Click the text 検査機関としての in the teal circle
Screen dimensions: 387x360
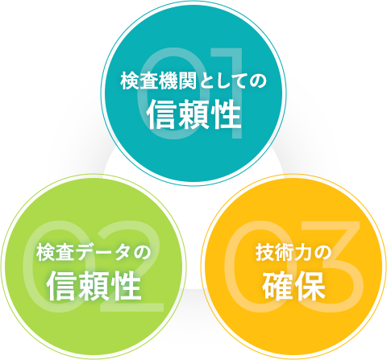click(x=193, y=81)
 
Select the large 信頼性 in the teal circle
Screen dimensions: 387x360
click(x=194, y=114)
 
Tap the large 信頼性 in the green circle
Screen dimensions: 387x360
click(x=94, y=286)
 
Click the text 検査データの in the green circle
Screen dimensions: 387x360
click(x=94, y=253)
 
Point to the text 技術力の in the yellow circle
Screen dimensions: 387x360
click(x=293, y=253)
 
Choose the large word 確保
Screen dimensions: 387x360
click(x=293, y=286)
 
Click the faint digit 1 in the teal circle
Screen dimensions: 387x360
click(x=231, y=93)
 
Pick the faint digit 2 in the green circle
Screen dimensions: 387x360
click(x=132, y=266)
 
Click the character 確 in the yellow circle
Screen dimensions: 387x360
click(x=277, y=286)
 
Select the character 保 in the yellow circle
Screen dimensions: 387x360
click(x=310, y=286)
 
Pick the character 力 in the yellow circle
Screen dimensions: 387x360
click(x=302, y=253)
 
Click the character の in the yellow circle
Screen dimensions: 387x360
click(x=322, y=253)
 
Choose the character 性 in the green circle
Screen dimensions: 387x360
click(x=126, y=286)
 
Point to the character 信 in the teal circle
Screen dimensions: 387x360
click(x=162, y=114)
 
